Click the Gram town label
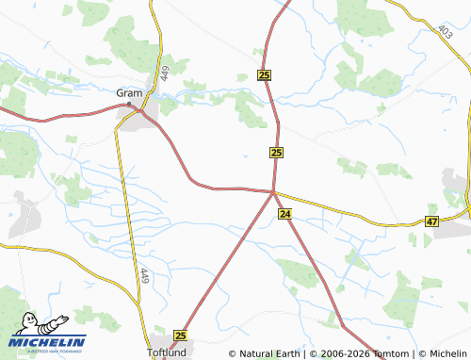coord(128,92)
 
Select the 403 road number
coord(445,31)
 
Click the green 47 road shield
coord(431,221)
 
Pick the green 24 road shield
coord(284,215)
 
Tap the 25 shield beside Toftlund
coord(181,335)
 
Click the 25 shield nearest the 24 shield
coord(276,153)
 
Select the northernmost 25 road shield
coord(264,75)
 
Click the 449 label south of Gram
coord(144,277)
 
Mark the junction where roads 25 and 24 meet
coord(273,192)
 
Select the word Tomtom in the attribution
coord(390,354)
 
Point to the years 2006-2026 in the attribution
coord(343,354)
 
